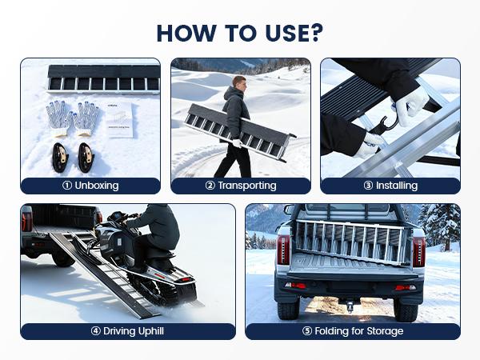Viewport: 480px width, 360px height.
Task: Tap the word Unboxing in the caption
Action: tap(90, 186)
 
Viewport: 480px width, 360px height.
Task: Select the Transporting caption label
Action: tap(241, 186)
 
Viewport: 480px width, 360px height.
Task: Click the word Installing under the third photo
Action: tap(390, 186)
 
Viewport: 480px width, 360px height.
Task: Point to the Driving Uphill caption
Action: tap(128, 331)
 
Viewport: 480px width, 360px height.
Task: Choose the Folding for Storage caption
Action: tap(353, 331)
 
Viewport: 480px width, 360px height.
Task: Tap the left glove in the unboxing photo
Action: tap(61, 117)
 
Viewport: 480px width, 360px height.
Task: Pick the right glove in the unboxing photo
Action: tap(86, 117)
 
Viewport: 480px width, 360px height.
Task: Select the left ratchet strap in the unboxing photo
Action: tap(60, 157)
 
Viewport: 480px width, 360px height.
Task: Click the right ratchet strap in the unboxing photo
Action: tap(86, 157)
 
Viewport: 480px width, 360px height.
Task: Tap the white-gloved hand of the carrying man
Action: tap(236, 144)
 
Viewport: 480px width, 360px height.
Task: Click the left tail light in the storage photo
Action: tap(282, 250)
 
